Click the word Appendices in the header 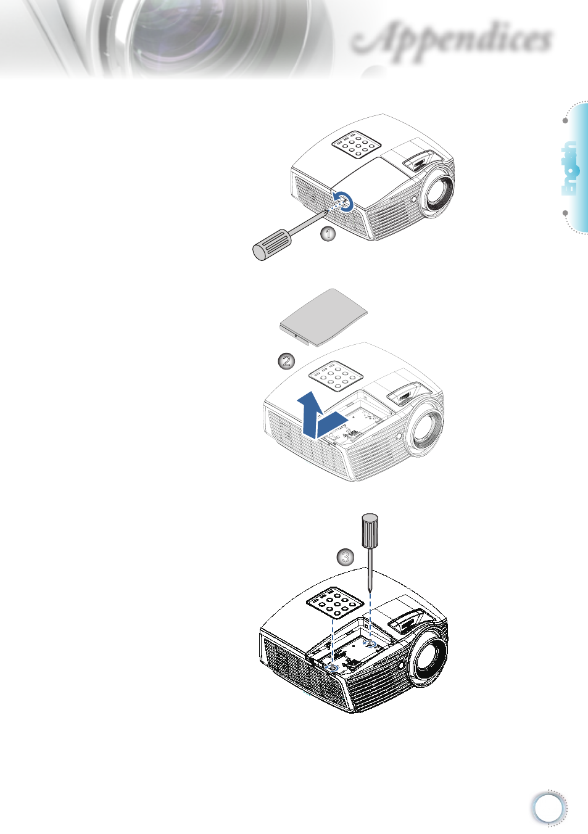(453, 40)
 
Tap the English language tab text (569, 168)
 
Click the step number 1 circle (328, 234)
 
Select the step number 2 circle (286, 361)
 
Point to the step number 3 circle (346, 558)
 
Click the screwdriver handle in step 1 (272, 244)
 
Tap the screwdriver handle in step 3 (370, 531)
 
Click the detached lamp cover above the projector (323, 316)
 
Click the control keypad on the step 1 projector (355, 144)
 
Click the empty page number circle (549, 808)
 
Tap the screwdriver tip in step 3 (370, 590)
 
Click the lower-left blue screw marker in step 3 (333, 667)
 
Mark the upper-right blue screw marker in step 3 (370, 644)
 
